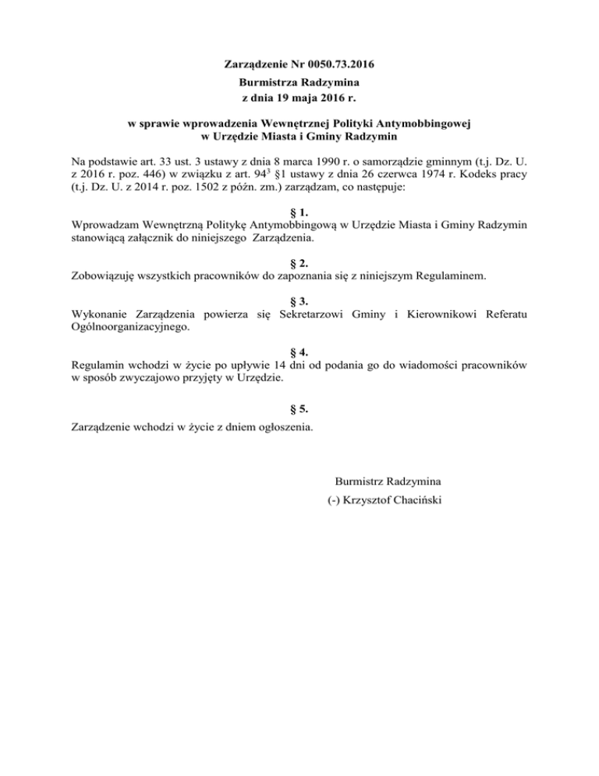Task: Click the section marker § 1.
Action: pos(299,212)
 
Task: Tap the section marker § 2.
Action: pos(299,264)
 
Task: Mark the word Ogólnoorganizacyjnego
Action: pos(129,328)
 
